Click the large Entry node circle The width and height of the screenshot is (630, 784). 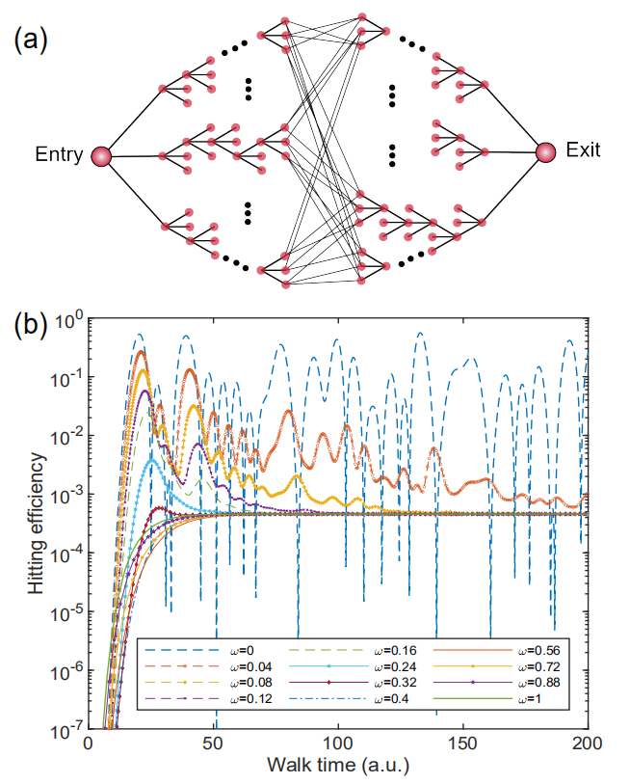tap(101, 155)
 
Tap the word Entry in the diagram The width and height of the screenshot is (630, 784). tap(58, 155)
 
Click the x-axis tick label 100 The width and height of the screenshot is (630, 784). tap(338, 745)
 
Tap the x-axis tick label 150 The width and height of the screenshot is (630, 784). tap(463, 745)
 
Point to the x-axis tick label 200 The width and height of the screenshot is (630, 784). tap(587, 745)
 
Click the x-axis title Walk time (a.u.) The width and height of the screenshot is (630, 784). tap(337, 767)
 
